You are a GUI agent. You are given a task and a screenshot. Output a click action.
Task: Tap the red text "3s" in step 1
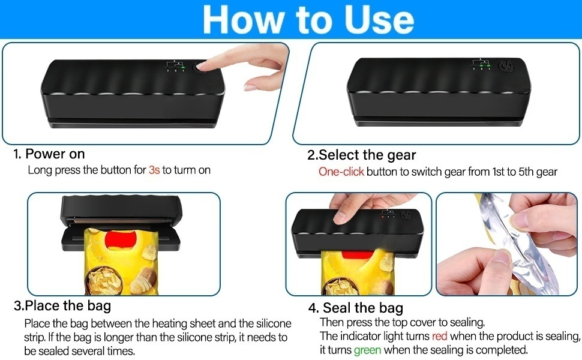pyautogui.click(x=154, y=170)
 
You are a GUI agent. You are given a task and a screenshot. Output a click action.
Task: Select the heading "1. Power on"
pyautogui.click(x=49, y=154)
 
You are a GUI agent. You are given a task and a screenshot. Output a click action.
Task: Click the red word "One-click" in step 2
pyautogui.click(x=341, y=172)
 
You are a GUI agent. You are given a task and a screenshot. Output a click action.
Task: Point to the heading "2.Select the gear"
pyautogui.click(x=362, y=155)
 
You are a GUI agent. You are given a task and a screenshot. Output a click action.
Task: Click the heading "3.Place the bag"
pyautogui.click(x=62, y=305)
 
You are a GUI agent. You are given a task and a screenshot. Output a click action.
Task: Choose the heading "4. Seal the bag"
pyautogui.click(x=356, y=308)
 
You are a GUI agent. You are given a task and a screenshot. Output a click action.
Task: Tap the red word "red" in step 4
pyautogui.click(x=439, y=336)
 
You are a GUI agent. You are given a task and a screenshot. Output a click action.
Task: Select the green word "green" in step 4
pyautogui.click(x=367, y=350)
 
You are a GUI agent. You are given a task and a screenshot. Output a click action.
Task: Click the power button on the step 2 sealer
pyautogui.click(x=506, y=67)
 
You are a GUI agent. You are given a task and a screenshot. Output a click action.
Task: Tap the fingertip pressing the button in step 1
pyautogui.click(x=202, y=67)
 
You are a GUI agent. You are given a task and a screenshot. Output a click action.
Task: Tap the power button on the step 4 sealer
pyautogui.click(x=406, y=215)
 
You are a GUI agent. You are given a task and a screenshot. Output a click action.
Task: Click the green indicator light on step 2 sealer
pyautogui.click(x=489, y=65)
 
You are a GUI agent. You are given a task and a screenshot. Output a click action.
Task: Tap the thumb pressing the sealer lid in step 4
pyautogui.click(x=344, y=215)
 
